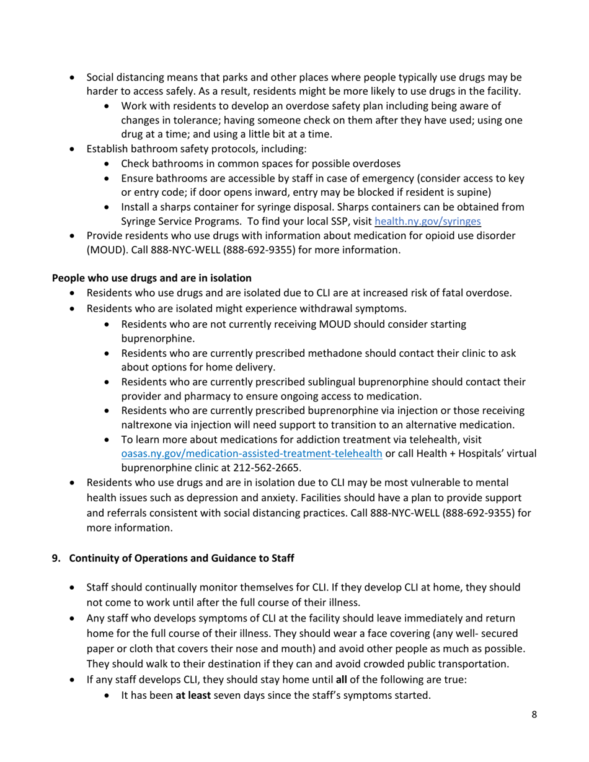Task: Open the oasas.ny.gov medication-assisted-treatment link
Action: tap(251, 453)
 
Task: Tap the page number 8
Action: tap(534, 715)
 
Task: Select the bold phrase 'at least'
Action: tap(194, 695)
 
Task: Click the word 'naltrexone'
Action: tap(147, 424)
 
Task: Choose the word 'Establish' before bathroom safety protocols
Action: tap(108, 149)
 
